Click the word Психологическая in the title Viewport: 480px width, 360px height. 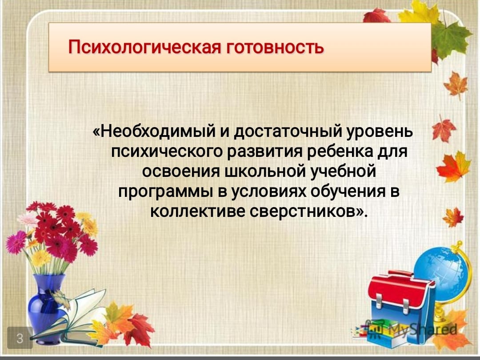[x=144, y=48]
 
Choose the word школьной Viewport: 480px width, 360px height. [x=265, y=172]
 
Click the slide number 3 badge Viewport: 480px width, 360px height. [x=20, y=338]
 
